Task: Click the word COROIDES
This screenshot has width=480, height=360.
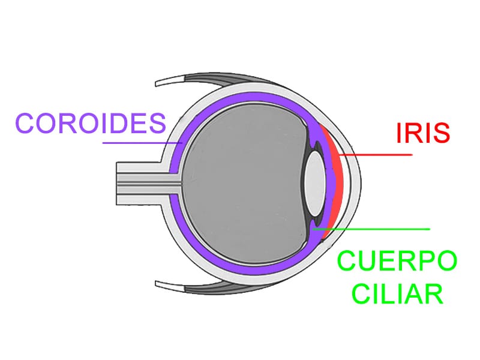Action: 91,124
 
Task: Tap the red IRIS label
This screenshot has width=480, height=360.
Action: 422,133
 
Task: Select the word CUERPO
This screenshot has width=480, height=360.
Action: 397,262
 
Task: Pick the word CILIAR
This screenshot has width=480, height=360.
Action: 397,294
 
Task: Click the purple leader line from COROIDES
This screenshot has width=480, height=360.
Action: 141,143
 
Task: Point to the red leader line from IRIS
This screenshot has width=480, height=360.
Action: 378,155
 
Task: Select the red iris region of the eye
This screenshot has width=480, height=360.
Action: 336,180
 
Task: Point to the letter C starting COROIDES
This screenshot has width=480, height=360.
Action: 27,124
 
